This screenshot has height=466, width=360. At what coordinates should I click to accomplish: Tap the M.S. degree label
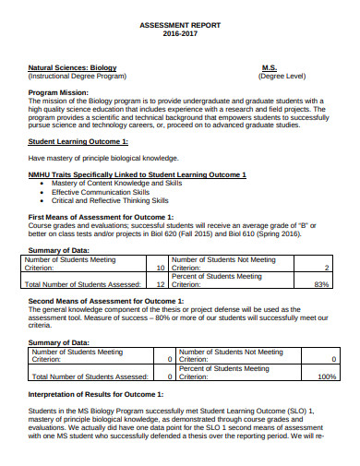[270, 68]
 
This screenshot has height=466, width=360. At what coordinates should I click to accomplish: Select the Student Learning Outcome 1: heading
[78, 141]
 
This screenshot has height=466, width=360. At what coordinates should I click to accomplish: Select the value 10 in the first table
[160, 268]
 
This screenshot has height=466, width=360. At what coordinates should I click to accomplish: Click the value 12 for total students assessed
[160, 284]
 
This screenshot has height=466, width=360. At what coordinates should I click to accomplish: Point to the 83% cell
[321, 284]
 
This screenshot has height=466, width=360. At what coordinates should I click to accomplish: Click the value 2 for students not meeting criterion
[326, 268]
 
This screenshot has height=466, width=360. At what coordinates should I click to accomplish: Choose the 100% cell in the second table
[326, 376]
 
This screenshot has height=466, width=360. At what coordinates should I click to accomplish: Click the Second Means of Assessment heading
[104, 301]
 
